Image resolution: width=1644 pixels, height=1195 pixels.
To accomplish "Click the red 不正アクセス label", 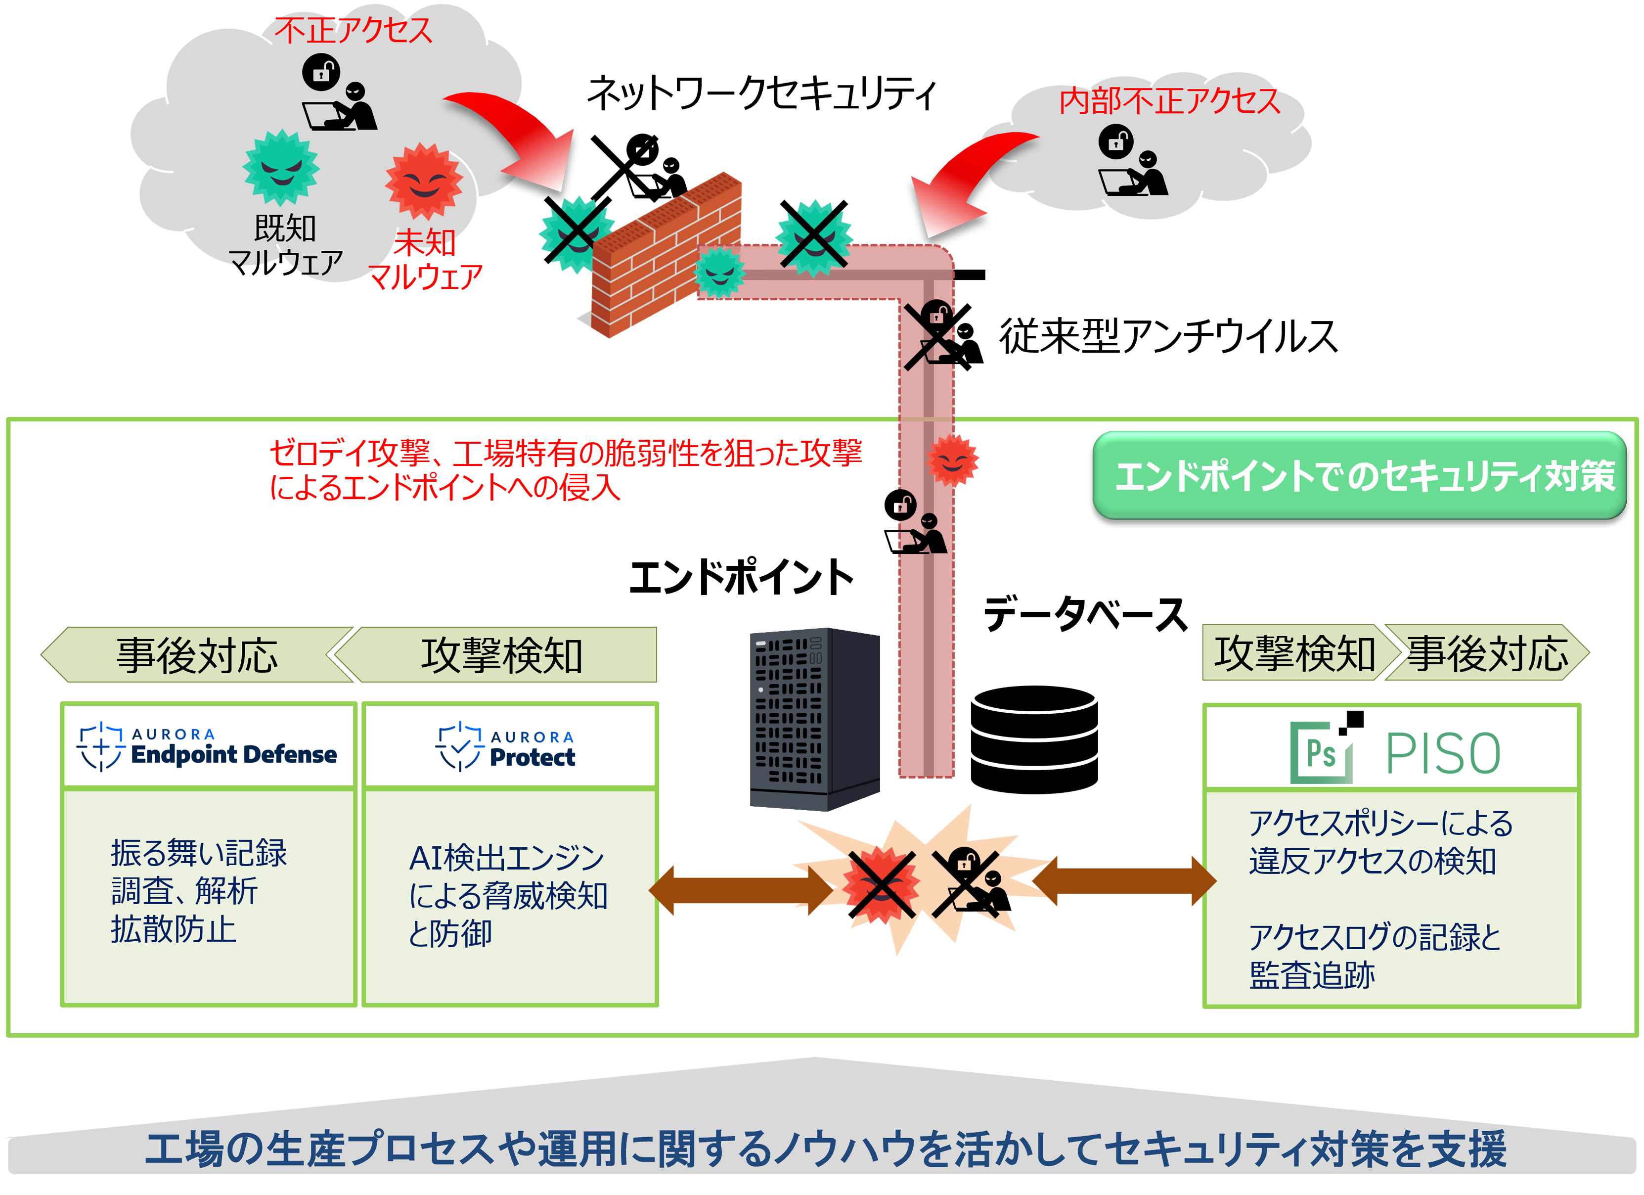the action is coord(353,31).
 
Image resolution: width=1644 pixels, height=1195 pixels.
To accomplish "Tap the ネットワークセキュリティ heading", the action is coord(761,94).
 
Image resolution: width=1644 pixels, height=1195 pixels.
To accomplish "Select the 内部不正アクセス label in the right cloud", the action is coord(1169,101).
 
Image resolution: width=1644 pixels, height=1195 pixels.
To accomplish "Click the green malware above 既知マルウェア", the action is coord(281,168).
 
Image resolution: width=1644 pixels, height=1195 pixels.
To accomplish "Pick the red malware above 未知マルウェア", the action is coord(424,182).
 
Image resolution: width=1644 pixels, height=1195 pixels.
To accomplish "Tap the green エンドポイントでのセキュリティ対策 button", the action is coord(1359,476).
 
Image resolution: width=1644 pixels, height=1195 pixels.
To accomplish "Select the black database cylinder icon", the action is coord(1034,739).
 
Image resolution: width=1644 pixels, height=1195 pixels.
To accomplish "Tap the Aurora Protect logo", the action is coord(506,747).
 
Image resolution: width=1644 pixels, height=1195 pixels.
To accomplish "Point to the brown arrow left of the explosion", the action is coord(741,890).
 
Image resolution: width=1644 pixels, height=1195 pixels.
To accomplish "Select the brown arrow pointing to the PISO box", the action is coord(1124,881).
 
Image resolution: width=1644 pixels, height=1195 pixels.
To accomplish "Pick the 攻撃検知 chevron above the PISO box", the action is coord(1294,652).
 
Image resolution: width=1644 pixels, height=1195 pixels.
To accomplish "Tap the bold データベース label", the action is coord(1085,615).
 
